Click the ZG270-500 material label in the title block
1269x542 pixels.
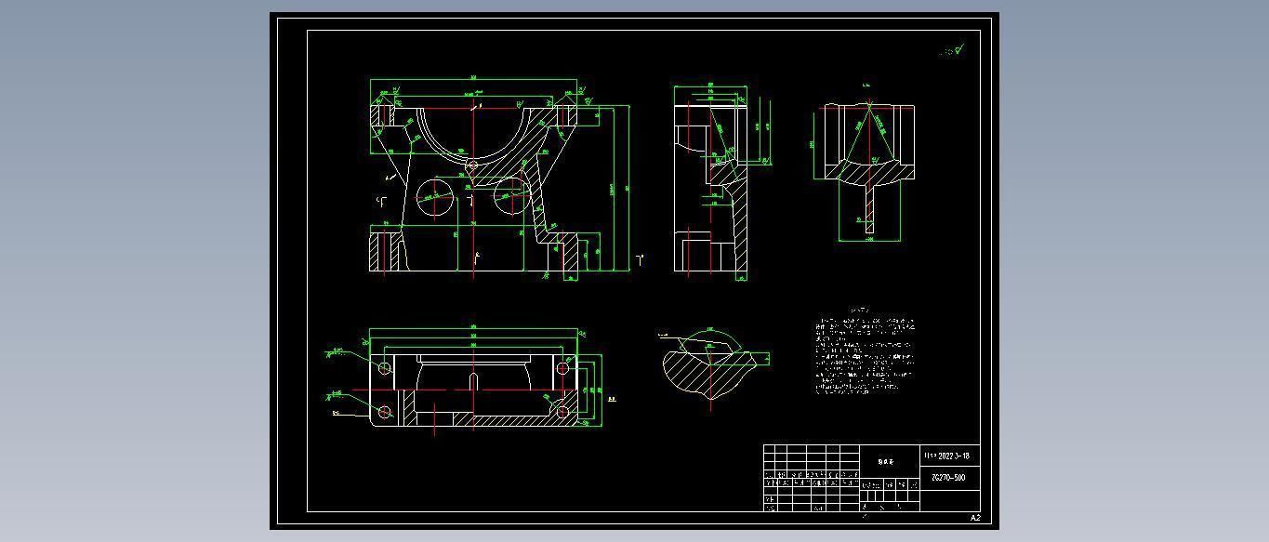(x=948, y=478)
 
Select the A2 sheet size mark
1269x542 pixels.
(x=975, y=518)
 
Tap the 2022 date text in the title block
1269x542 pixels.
(x=947, y=456)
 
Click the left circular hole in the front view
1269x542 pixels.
(x=433, y=197)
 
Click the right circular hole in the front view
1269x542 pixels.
(x=510, y=196)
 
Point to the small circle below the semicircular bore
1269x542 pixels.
(x=472, y=165)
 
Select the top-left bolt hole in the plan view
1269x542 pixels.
(x=385, y=368)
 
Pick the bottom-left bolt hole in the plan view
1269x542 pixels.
(x=385, y=411)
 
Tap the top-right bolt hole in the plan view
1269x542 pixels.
(x=562, y=368)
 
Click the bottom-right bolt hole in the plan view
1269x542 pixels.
(x=562, y=411)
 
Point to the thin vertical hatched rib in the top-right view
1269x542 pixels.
(x=870, y=209)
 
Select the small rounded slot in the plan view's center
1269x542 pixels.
(x=473, y=381)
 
